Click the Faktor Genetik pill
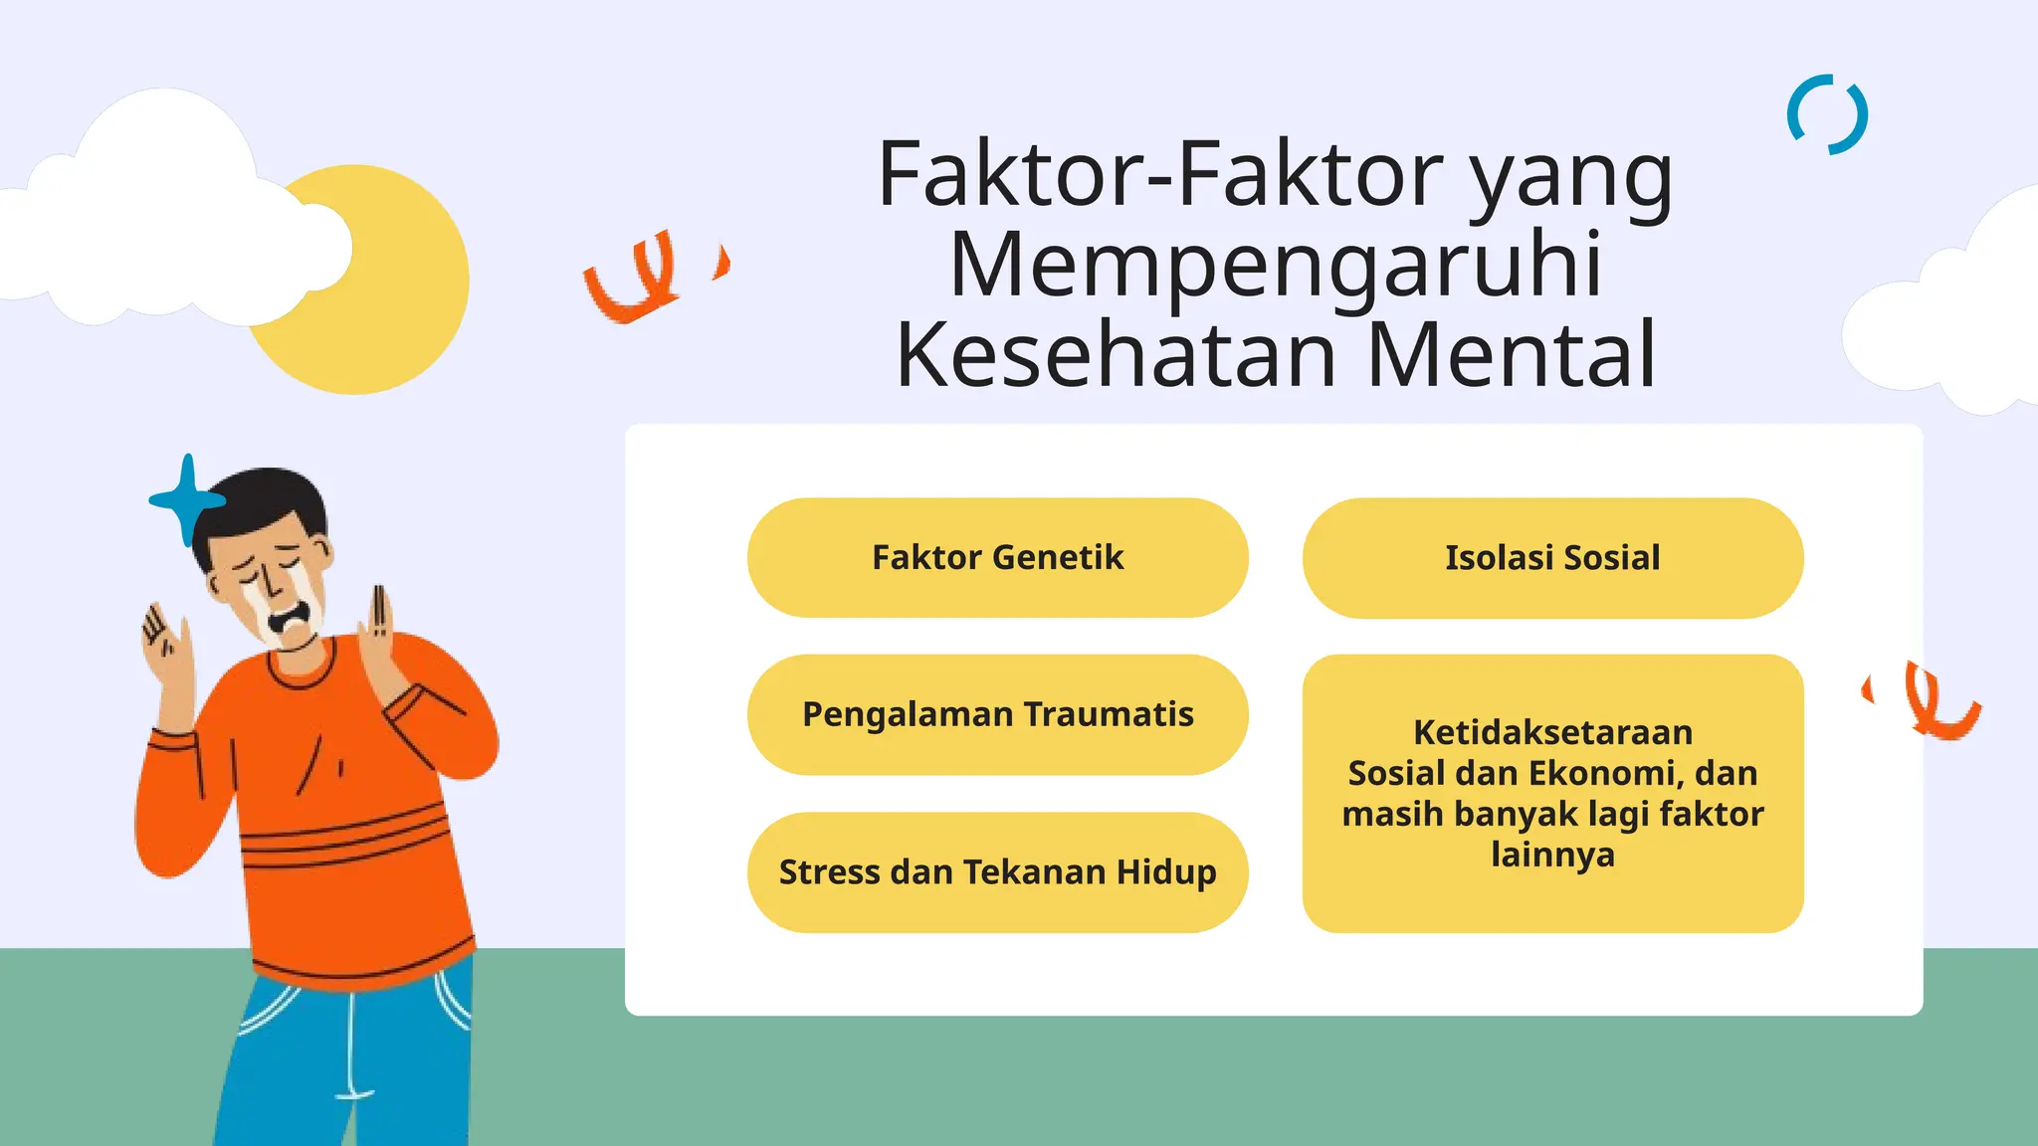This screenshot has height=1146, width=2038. tap(997, 557)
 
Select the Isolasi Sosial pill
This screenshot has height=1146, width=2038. tap(1552, 557)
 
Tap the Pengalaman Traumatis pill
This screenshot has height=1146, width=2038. tap(997, 714)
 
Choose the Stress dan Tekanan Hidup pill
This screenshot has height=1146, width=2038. tap(997, 872)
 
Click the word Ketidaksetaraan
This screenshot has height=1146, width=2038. tap(1552, 732)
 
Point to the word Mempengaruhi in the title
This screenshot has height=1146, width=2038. tap(1276, 265)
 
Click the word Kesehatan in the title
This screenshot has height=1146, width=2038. tap(1116, 355)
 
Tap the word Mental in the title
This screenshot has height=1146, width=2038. tap(1511, 355)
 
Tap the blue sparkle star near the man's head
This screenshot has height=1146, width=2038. tap(186, 499)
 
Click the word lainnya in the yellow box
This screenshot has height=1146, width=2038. tap(1552, 855)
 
